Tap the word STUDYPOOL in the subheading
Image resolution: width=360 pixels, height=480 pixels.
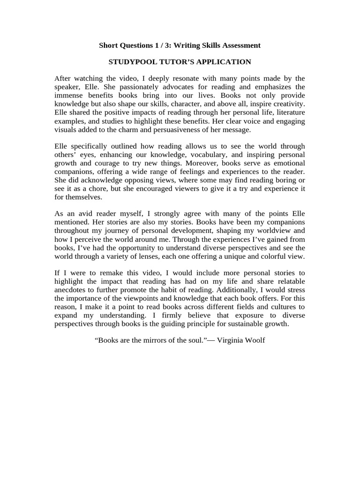point(132,62)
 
